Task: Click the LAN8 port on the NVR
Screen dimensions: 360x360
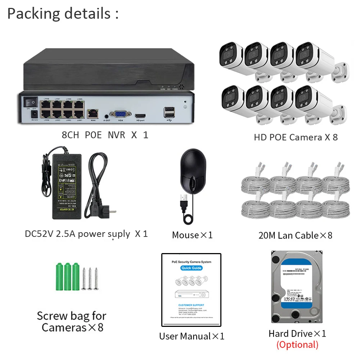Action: point(46,105)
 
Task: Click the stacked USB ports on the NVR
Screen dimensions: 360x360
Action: point(168,113)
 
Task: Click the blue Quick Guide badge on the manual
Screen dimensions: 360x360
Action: point(192,268)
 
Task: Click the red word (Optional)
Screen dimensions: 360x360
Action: point(297,345)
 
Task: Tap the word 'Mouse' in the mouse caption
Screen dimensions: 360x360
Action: point(185,235)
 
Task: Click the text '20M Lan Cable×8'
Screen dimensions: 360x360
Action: point(295,235)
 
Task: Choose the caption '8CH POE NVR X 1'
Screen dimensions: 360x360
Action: point(105,135)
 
